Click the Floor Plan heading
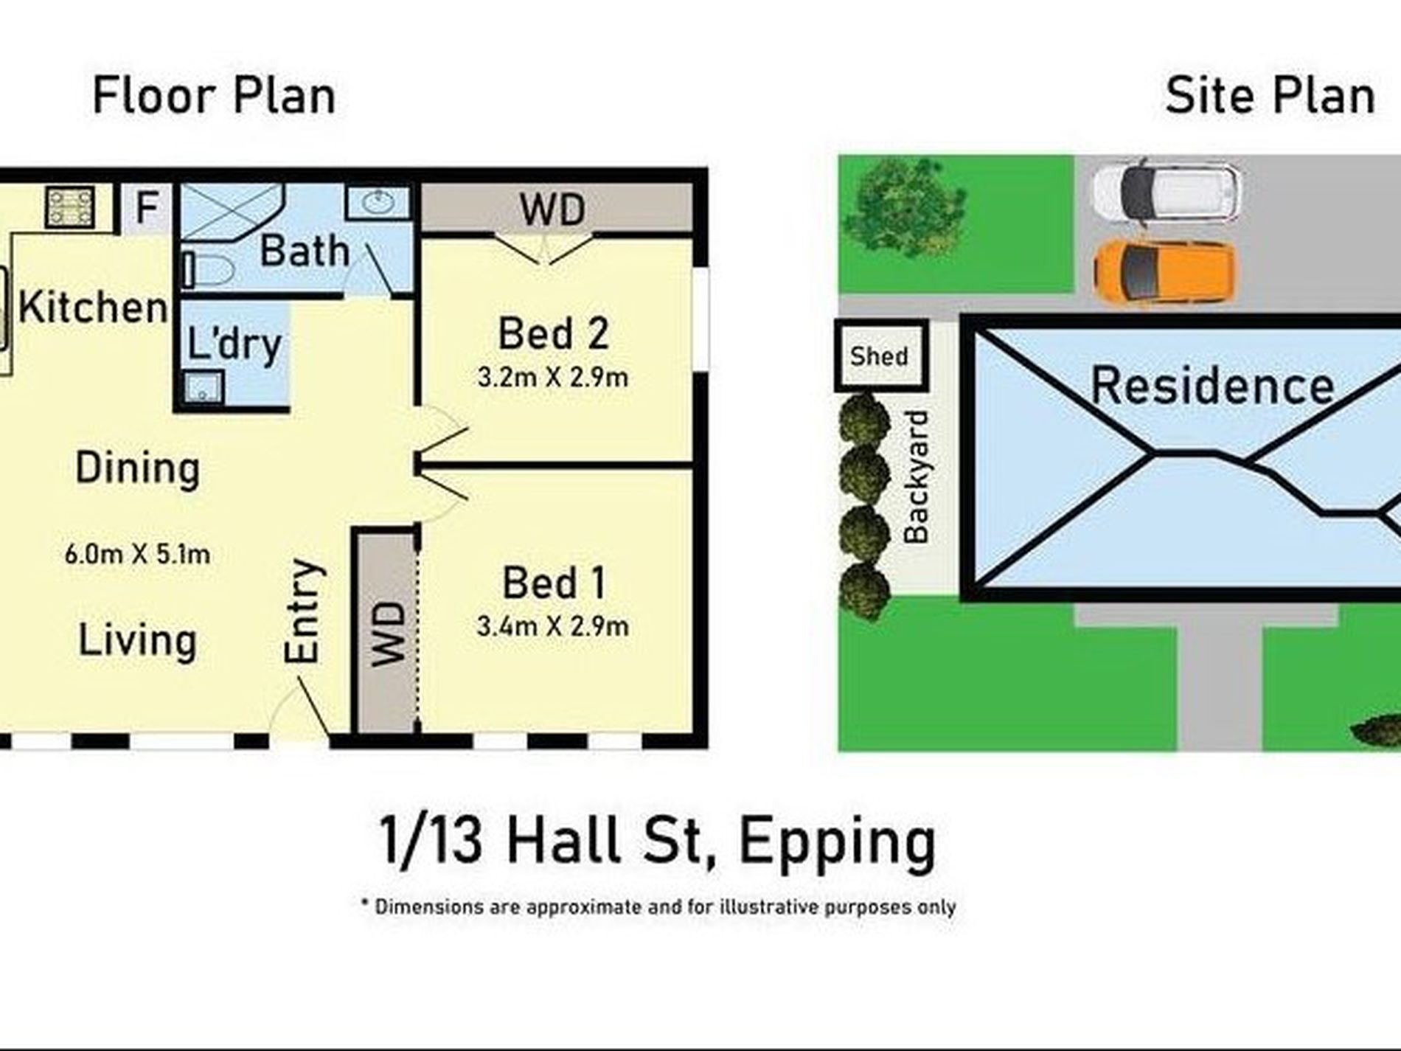click(214, 97)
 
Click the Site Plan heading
click(1270, 97)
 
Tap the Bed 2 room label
click(553, 333)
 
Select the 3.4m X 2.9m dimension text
click(553, 627)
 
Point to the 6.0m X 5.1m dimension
click(137, 554)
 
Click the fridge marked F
click(147, 208)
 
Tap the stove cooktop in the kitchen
click(70, 207)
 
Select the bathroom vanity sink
click(378, 201)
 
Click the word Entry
click(304, 611)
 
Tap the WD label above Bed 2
click(553, 209)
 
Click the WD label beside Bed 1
click(389, 634)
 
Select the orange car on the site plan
click(1164, 273)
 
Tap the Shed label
click(879, 356)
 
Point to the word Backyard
click(917, 477)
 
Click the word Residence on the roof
click(1213, 385)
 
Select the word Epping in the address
click(837, 843)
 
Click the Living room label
click(137, 640)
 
